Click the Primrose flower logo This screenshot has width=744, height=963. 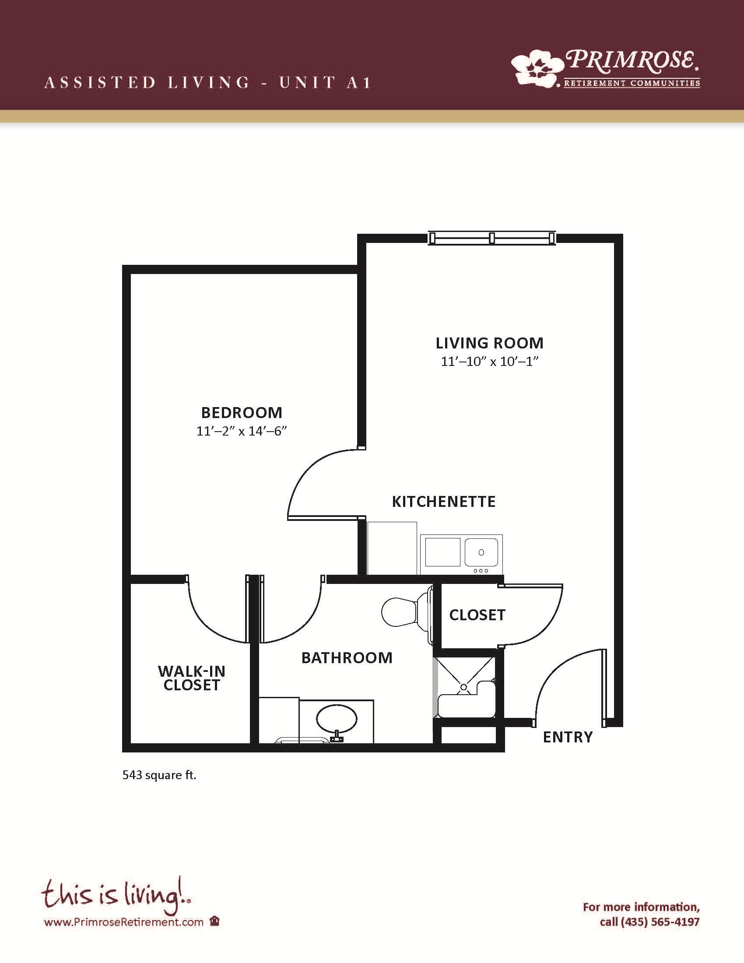pyautogui.click(x=537, y=67)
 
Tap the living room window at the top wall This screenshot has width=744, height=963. pyautogui.click(x=492, y=238)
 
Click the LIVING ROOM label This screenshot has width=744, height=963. pyautogui.click(x=490, y=343)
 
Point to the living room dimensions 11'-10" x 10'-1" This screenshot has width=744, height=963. pyautogui.click(x=490, y=362)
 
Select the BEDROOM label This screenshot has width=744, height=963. pyautogui.click(x=242, y=413)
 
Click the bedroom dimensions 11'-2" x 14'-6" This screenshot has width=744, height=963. pyautogui.click(x=242, y=431)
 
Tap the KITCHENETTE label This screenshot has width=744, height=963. pyautogui.click(x=444, y=502)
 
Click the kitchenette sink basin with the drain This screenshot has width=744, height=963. pyautogui.click(x=481, y=552)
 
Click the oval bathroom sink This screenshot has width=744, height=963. pyautogui.click(x=337, y=719)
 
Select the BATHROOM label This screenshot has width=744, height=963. pyautogui.click(x=347, y=658)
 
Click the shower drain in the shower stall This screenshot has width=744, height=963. pyautogui.click(x=463, y=687)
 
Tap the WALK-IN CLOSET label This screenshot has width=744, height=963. pyautogui.click(x=192, y=678)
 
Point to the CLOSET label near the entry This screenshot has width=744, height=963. pyautogui.click(x=477, y=615)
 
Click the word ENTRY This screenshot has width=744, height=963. pyautogui.click(x=568, y=737)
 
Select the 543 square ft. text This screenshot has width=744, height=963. pyautogui.click(x=159, y=775)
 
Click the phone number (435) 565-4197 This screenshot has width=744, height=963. pyautogui.click(x=660, y=921)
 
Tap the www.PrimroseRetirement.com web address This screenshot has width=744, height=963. pyautogui.click(x=124, y=921)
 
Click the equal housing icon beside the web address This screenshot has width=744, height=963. pyautogui.click(x=214, y=921)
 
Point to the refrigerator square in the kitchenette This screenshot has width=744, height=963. pyautogui.click(x=392, y=548)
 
